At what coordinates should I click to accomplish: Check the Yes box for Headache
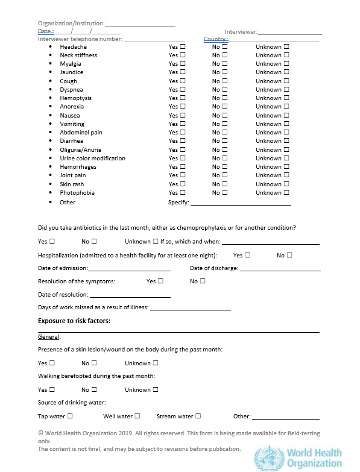click(183, 46)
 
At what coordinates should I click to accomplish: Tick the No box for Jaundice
click(224, 72)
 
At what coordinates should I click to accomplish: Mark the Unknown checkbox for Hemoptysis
click(286, 98)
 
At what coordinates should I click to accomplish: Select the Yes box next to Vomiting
click(183, 124)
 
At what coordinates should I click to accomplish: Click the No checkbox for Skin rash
click(224, 184)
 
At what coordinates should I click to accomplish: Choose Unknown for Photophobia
click(286, 192)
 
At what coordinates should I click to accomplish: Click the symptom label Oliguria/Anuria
click(80, 149)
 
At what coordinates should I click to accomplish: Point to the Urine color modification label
click(92, 158)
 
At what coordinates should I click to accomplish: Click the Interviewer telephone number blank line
click(154, 39)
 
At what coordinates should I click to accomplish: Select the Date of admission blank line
click(129, 268)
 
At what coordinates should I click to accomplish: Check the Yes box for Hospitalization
click(247, 255)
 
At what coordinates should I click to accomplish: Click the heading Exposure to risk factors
click(74, 321)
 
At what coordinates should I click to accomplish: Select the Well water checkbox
click(137, 416)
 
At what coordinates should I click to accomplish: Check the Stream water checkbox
click(198, 416)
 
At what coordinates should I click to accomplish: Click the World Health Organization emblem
click(268, 458)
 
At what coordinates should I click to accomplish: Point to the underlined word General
click(49, 337)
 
